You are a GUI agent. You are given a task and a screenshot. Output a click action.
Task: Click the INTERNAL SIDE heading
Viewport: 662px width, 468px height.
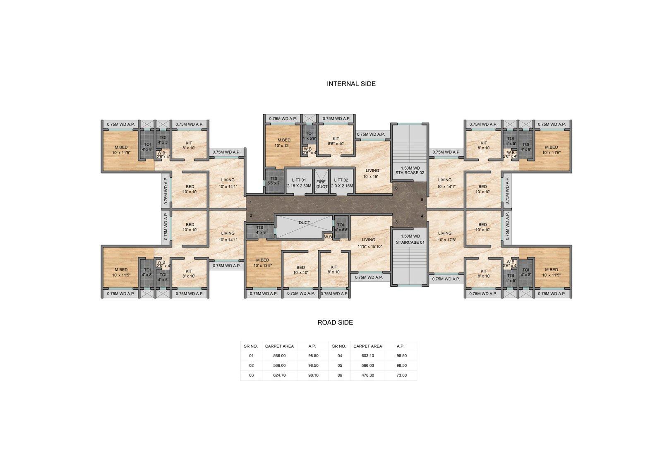pos(351,84)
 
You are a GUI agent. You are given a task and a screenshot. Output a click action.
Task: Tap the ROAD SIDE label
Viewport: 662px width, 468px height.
pos(335,322)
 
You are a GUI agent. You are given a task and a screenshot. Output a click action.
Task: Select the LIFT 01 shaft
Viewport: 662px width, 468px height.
pos(299,182)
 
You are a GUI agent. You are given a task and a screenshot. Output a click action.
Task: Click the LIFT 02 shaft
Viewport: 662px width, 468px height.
pos(342,182)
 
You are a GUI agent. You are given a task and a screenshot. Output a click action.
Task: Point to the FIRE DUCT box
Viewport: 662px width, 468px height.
pos(321,182)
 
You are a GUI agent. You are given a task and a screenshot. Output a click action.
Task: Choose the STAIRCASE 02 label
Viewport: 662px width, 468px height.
pos(410,170)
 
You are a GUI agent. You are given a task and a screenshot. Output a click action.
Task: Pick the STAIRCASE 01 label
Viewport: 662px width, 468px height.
pos(410,240)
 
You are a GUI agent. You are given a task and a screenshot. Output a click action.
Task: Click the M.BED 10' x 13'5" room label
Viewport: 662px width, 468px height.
pos(263,263)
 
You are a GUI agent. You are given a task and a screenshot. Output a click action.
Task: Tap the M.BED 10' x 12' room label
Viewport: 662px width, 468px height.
pos(284,143)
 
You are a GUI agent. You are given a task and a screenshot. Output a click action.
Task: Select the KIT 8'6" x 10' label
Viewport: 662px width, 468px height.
pos(336,142)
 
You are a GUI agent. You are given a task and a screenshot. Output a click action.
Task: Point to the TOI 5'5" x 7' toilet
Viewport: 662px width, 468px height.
pos(273,181)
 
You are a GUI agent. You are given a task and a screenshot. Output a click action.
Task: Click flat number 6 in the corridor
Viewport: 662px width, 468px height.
pos(396,188)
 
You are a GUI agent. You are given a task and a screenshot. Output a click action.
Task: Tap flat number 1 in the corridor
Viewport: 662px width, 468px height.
pos(251,202)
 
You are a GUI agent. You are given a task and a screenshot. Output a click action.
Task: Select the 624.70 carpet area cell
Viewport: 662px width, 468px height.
pos(279,375)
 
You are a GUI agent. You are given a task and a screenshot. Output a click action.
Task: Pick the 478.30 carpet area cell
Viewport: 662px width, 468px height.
pos(368,375)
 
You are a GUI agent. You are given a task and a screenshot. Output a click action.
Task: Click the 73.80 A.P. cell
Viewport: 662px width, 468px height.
pos(402,375)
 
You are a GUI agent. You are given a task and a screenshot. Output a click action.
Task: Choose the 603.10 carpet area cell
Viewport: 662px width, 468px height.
pos(368,356)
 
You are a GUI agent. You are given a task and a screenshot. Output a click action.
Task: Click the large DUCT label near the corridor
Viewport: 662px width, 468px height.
pos(304,223)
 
